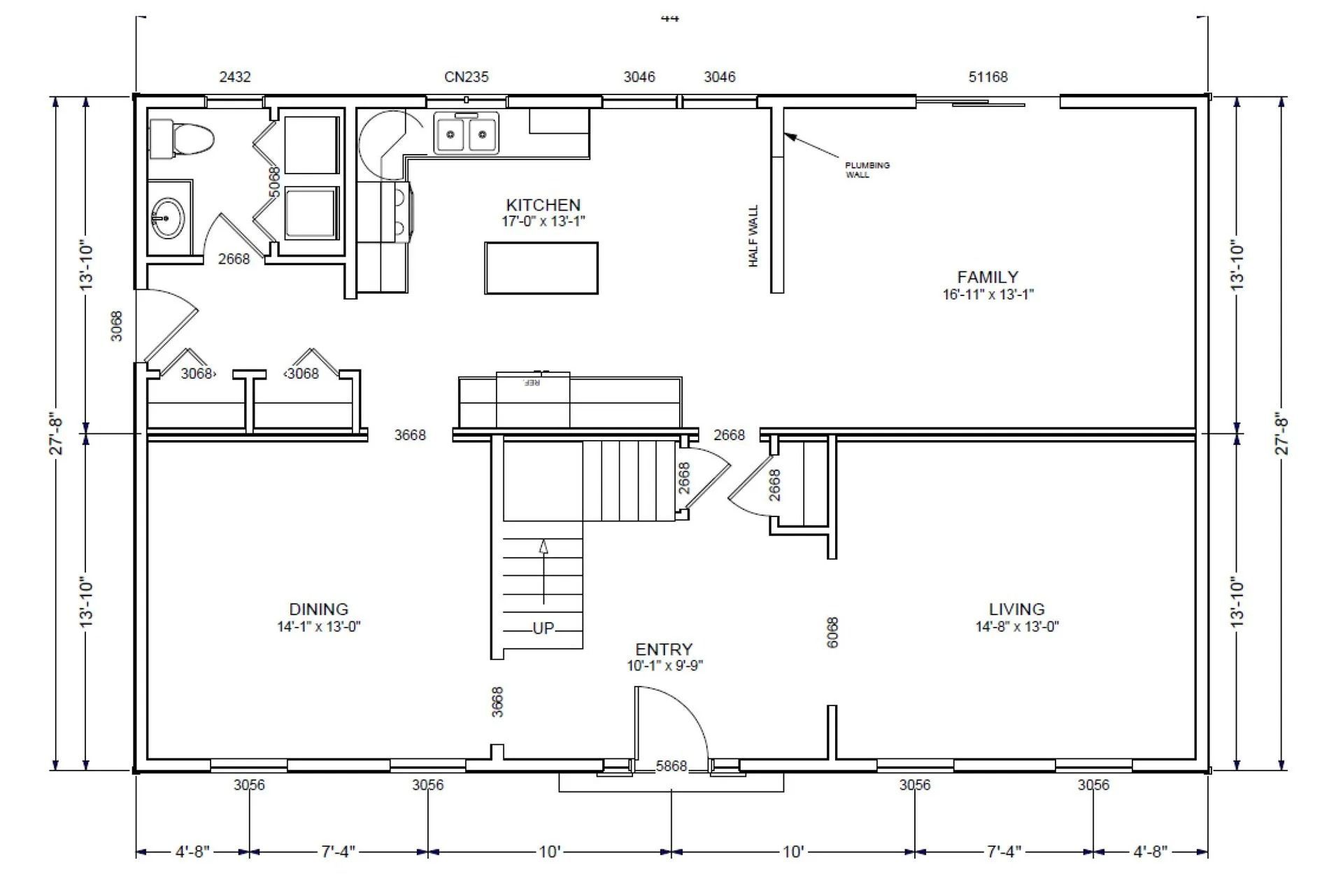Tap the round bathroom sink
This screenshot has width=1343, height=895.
(166, 218)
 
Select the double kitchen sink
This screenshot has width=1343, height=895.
(467, 133)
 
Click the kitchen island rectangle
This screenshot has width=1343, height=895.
(541, 268)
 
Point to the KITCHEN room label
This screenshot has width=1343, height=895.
(543, 205)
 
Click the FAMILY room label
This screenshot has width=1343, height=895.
(988, 277)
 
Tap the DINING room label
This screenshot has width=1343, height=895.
(318, 609)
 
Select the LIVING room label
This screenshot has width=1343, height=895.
(1016, 609)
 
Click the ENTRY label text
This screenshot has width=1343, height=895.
(664, 649)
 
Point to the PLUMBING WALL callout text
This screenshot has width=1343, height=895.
(867, 170)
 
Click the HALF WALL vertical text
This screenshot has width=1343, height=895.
(753, 236)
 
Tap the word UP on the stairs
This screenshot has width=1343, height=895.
(543, 628)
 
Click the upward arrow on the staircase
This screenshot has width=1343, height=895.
(543, 570)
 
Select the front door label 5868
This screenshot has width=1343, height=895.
(671, 766)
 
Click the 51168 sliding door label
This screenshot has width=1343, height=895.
(988, 77)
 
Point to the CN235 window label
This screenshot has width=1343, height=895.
(467, 77)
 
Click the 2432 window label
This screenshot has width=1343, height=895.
(235, 77)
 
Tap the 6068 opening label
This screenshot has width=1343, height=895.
(832, 632)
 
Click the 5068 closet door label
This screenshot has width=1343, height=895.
(274, 181)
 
